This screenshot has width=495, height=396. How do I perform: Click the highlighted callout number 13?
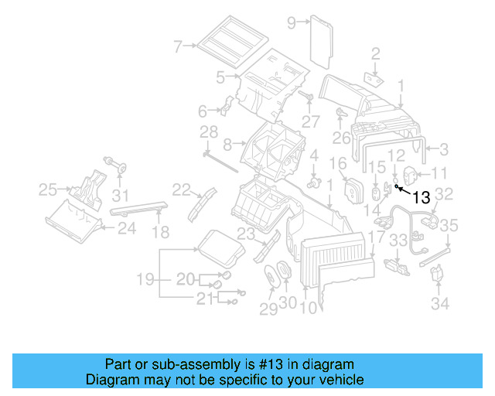[x=421, y=197]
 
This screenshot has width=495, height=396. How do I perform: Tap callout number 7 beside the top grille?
[x=178, y=47]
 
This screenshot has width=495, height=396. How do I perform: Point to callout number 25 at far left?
[x=49, y=189]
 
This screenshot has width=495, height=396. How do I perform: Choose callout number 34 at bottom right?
[x=440, y=304]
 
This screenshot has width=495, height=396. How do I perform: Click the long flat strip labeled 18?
[x=139, y=205]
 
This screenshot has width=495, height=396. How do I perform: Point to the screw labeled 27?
[x=306, y=97]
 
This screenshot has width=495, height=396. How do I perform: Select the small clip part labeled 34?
[x=438, y=274]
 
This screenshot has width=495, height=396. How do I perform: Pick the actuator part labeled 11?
[x=411, y=174]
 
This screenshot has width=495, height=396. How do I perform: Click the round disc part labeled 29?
[x=271, y=275]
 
